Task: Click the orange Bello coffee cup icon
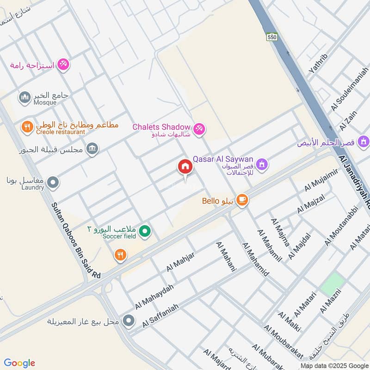pyautogui.click(x=242, y=200)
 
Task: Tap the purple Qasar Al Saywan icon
pyautogui.click(x=262, y=164)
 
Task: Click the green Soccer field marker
pyautogui.click(x=145, y=230)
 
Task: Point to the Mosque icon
pyautogui.click(x=25, y=98)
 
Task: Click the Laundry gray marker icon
pyautogui.click(x=53, y=183)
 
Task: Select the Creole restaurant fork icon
pyautogui.click(x=27, y=127)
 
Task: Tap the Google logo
pyautogui.click(x=19, y=363)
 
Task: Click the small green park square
pyautogui.click(x=333, y=284)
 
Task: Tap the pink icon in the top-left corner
pyautogui.click(x=63, y=65)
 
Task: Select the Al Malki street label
pyautogui.click(x=290, y=321)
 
